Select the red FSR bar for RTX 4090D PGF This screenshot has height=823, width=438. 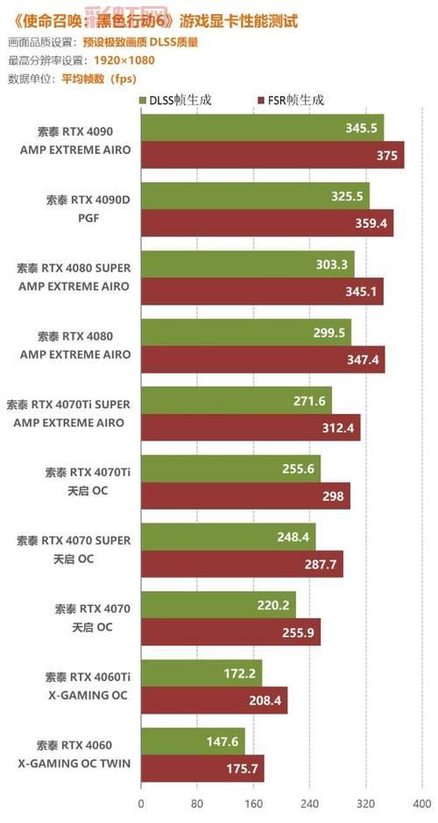(x=266, y=222)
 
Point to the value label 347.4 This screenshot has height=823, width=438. (x=363, y=359)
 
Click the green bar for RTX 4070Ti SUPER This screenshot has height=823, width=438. (x=236, y=400)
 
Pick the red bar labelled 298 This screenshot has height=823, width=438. (x=244, y=495)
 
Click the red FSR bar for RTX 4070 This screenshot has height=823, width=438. (x=230, y=631)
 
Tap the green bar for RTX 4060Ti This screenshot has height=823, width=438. (x=201, y=673)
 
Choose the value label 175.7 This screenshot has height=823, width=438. (x=243, y=768)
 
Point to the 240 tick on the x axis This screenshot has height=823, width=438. (x=309, y=802)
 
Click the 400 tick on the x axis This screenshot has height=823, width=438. (x=421, y=802)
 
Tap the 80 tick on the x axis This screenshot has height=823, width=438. (x=197, y=802)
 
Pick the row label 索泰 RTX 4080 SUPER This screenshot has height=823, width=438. (x=74, y=267)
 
